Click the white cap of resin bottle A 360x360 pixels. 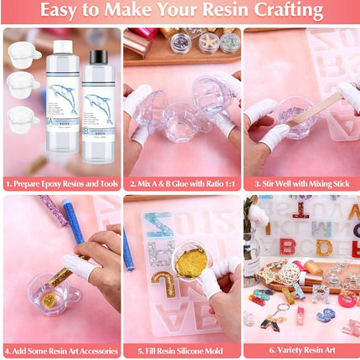tap(62, 48)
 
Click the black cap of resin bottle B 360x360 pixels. tap(99, 57)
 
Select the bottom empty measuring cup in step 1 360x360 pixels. tap(22, 116)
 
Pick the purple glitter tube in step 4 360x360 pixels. tap(53, 211)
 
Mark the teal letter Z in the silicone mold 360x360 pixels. tap(158, 227)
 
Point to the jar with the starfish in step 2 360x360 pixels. tap(208, 41)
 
